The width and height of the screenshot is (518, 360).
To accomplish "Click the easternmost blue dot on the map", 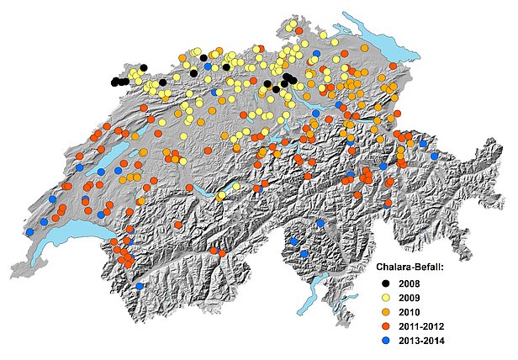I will (x=434, y=156).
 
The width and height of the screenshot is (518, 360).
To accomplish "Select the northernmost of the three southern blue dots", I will (x=320, y=223).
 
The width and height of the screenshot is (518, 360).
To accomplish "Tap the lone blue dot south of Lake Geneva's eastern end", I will (x=139, y=286).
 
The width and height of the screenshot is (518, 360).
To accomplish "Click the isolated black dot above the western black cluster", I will (x=144, y=68).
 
